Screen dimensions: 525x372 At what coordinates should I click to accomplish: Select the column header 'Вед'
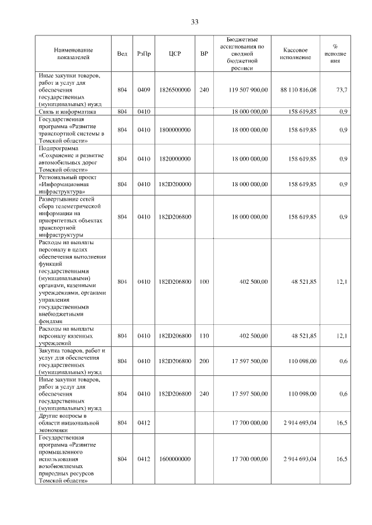pyautogui.click(x=122, y=54)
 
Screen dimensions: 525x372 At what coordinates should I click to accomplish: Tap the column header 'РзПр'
pyautogui.click(x=144, y=54)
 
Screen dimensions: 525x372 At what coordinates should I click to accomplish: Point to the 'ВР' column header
pyautogui.click(x=203, y=54)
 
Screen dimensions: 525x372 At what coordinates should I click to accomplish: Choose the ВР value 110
pyautogui.click(x=203, y=336)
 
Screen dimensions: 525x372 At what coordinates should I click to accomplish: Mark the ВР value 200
pyautogui.click(x=203, y=361)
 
